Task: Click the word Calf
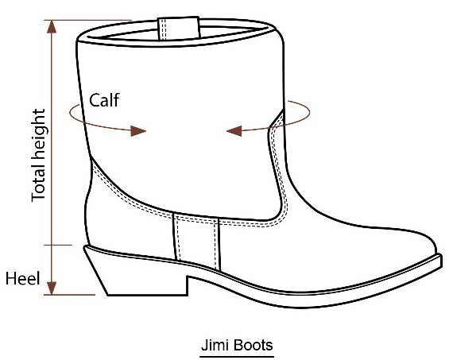click(x=104, y=100)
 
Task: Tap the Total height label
click(x=39, y=155)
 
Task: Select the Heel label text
click(x=22, y=278)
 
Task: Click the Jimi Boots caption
click(x=237, y=345)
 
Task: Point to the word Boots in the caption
click(x=253, y=345)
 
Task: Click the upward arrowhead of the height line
click(x=52, y=27)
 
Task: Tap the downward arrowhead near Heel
click(x=52, y=288)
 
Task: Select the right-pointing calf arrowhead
click(x=138, y=131)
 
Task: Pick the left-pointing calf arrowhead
click(x=234, y=131)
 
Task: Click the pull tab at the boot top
click(x=179, y=28)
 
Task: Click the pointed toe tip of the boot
click(x=440, y=256)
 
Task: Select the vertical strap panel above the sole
click(x=196, y=241)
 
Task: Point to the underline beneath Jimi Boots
click(x=237, y=357)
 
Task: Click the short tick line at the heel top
click(x=58, y=245)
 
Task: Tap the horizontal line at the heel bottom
click(x=69, y=294)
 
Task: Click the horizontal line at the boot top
click(x=88, y=20)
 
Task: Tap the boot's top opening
click(x=177, y=32)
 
